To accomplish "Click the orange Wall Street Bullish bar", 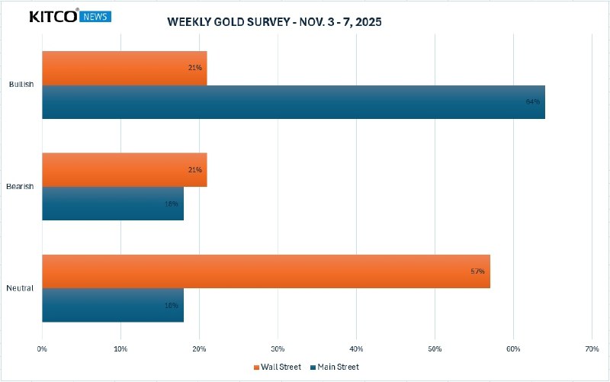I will click(x=124, y=68).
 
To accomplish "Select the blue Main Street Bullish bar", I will click(x=294, y=102).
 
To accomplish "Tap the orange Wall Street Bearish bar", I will click(x=124, y=169).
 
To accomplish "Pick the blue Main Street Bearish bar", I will click(x=113, y=204).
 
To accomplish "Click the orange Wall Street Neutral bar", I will click(x=266, y=271).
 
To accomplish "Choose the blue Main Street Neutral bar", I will click(x=113, y=305).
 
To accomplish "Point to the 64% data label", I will click(x=533, y=102).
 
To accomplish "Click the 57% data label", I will click(x=478, y=271).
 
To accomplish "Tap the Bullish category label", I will click(x=21, y=85).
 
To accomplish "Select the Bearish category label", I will click(x=20, y=187).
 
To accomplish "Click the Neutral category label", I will click(x=20, y=288).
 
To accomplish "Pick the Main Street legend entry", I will click(x=335, y=367).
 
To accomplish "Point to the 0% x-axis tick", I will click(x=42, y=348).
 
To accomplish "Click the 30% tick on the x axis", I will click(x=278, y=348).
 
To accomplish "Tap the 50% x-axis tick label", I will click(x=435, y=348).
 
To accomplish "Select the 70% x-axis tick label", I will click(x=592, y=348).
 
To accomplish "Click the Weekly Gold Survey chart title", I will click(x=274, y=22).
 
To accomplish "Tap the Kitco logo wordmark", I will click(x=53, y=16).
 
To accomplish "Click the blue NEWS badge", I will click(x=95, y=16).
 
